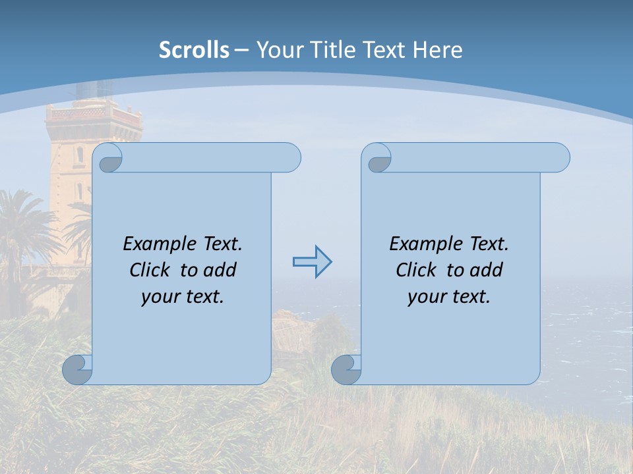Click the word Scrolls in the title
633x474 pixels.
194,50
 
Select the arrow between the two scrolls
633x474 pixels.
312,262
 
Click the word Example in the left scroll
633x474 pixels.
160,244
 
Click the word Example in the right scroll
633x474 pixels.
427,244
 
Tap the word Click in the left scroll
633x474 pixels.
151,270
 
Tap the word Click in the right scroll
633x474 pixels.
417,270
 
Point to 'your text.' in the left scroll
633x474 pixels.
183,296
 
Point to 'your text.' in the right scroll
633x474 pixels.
449,296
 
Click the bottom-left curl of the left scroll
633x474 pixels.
76,370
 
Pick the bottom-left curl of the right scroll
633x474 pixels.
346,370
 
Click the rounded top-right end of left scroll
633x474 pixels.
290,157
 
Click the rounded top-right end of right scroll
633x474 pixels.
559,157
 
